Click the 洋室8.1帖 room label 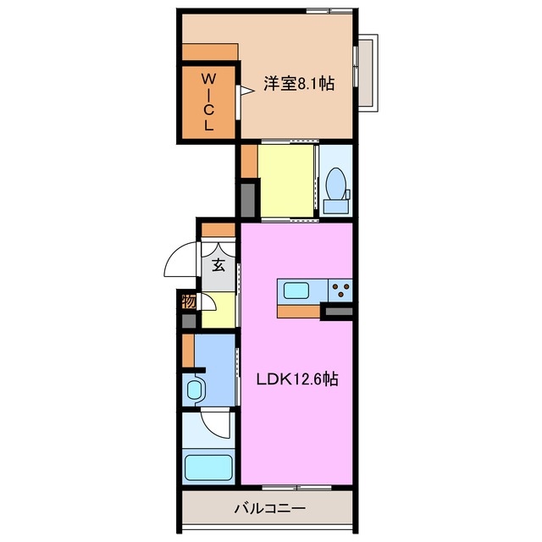click(x=298, y=84)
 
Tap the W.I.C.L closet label click(x=208, y=101)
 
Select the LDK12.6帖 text click(x=297, y=380)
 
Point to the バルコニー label click(x=268, y=509)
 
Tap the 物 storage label click(x=188, y=301)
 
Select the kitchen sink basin click(x=296, y=291)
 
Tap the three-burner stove click(x=342, y=291)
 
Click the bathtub click(x=207, y=467)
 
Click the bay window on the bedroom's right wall click(x=366, y=72)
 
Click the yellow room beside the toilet click(x=285, y=181)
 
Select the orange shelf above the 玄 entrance click(x=218, y=230)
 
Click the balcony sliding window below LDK click(x=296, y=488)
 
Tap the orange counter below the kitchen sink click(x=297, y=310)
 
